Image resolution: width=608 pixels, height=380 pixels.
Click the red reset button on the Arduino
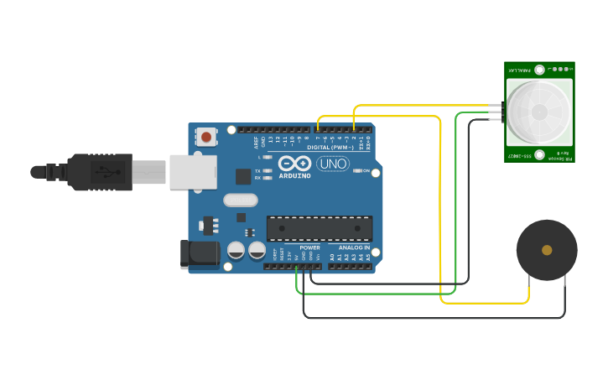tap(206, 137)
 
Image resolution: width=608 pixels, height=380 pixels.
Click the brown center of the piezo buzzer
tap(547, 250)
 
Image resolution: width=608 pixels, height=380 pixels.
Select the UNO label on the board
tap(333, 164)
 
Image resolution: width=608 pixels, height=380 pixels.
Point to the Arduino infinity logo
tap(295, 164)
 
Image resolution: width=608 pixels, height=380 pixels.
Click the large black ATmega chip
tap(319, 228)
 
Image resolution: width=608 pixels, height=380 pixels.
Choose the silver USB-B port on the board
tap(193, 172)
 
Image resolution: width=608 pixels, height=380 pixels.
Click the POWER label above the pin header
tap(309, 247)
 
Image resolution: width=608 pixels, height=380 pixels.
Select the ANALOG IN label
tap(354, 247)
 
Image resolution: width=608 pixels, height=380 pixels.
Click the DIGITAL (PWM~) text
tap(329, 147)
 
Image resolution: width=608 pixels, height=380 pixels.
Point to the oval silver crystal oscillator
tap(241, 200)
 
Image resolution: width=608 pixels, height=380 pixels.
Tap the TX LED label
tap(257, 170)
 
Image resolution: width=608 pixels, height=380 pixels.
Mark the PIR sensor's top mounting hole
tap(539, 70)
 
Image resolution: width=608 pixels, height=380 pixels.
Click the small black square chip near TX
tap(242, 176)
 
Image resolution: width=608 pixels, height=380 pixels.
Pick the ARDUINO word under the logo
tap(294, 175)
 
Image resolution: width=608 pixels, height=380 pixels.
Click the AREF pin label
tap(257, 142)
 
